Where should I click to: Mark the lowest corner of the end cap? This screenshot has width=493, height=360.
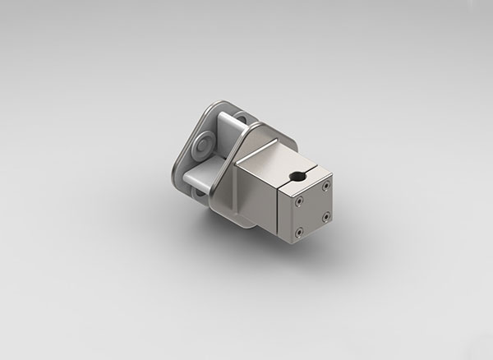coord(295,244)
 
